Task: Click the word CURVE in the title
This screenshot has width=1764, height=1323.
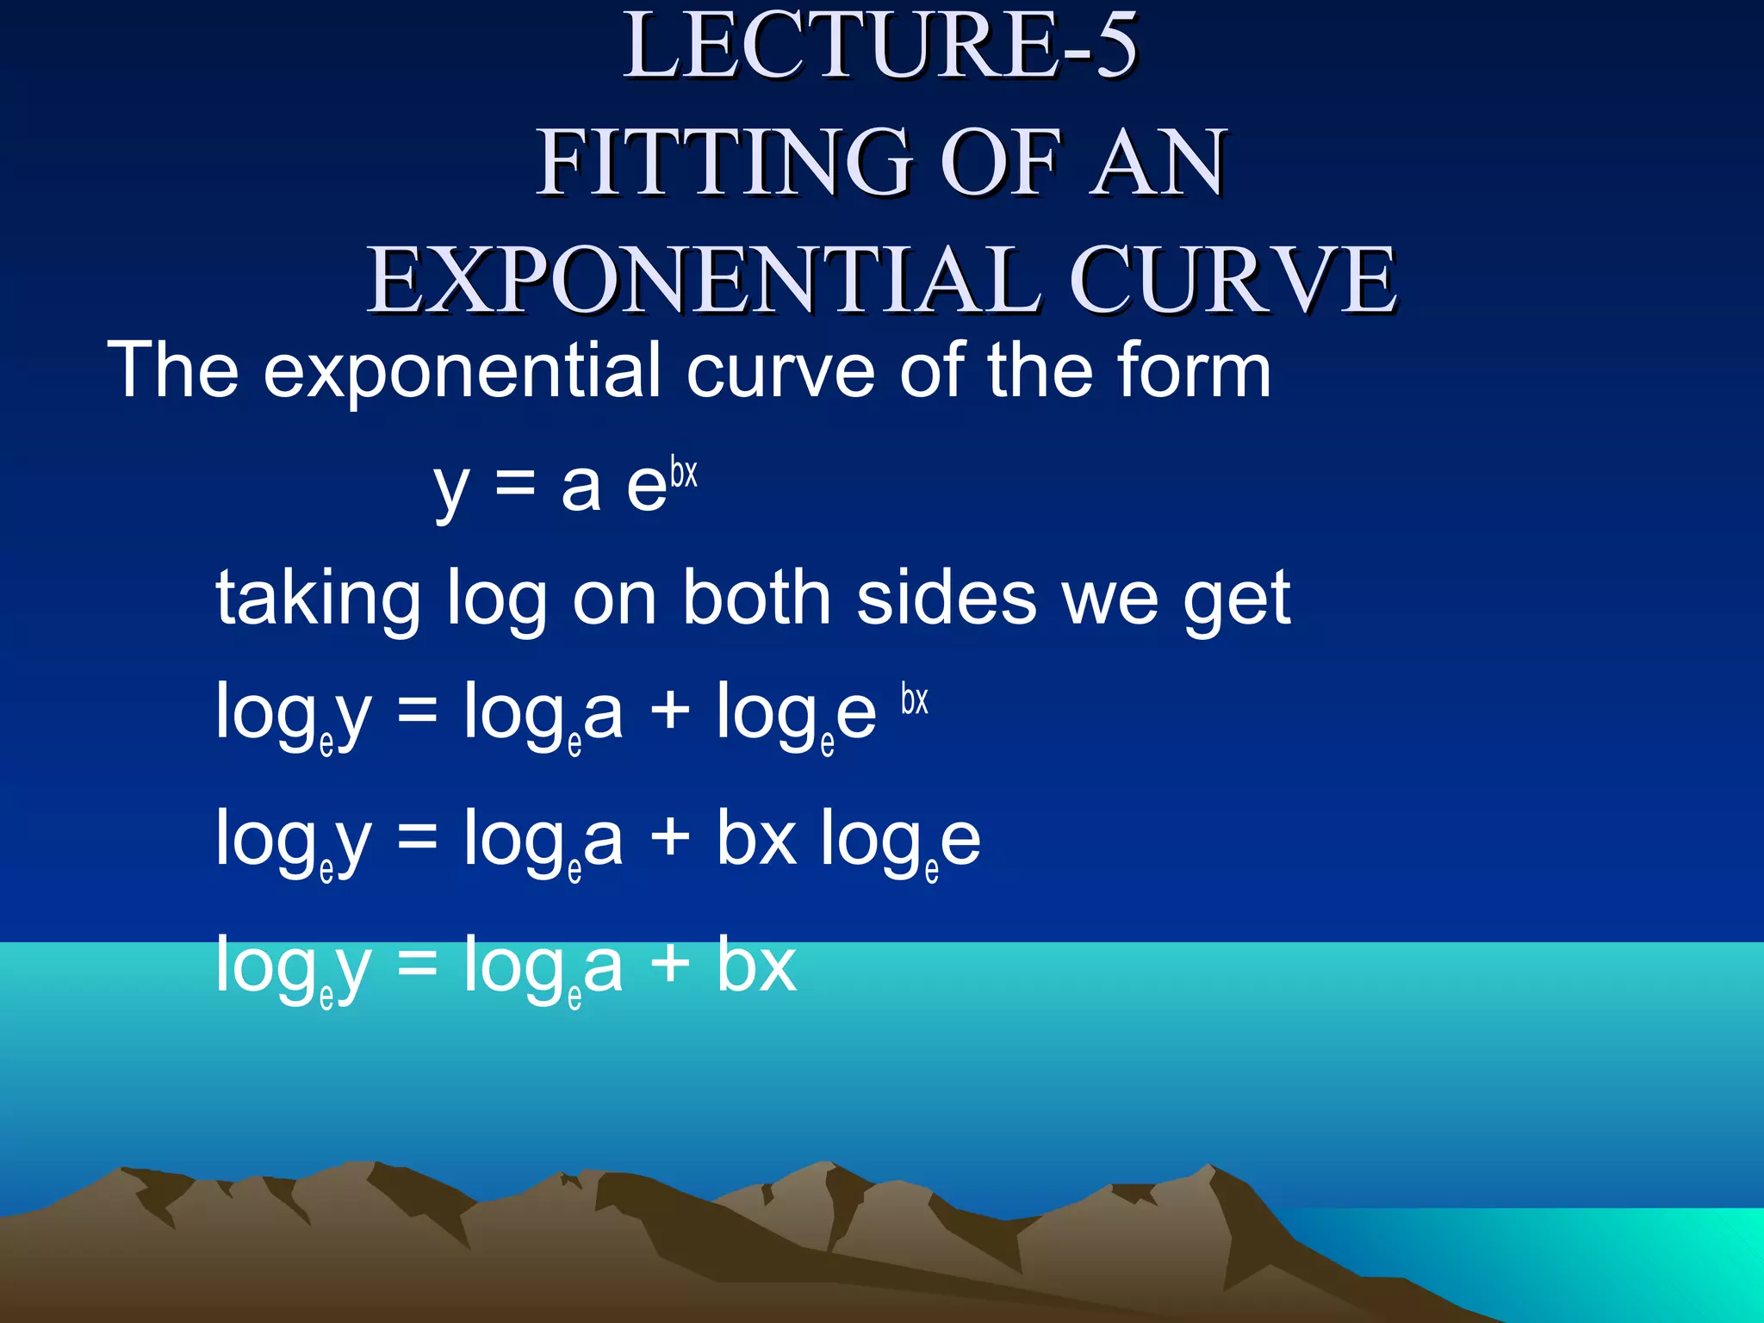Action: [1233, 279]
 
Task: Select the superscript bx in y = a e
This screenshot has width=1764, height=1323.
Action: [684, 474]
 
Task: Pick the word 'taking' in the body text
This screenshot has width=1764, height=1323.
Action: [318, 599]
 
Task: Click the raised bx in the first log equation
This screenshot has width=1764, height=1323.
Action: [915, 699]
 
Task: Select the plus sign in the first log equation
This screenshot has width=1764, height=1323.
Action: [670, 713]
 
